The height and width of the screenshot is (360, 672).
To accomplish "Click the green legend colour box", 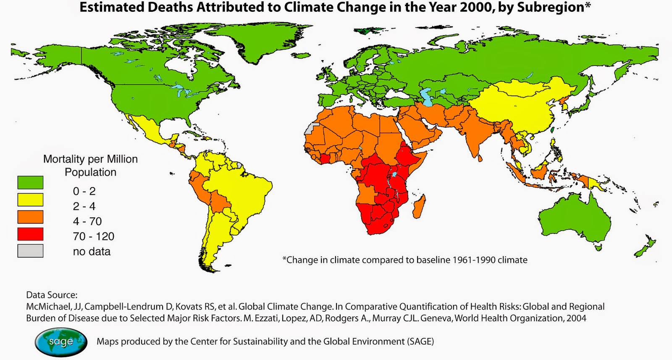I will tap(30, 182).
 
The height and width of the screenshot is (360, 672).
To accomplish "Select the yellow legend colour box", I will tap(30, 200).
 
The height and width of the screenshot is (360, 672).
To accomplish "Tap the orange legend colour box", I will tap(30, 217).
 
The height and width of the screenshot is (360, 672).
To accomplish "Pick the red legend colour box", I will tap(30, 234).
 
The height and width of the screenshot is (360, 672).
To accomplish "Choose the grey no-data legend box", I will tap(30, 251).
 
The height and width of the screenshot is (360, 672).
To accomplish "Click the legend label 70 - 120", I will tap(93, 236).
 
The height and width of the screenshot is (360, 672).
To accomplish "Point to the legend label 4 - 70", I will tap(87, 221).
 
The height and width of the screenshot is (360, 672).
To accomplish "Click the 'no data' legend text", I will tap(92, 252).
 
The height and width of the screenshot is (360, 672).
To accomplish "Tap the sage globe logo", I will tap(61, 342).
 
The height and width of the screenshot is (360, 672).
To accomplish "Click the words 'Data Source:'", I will tap(52, 295).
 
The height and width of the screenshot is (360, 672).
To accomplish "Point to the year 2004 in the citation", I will tap(576, 318).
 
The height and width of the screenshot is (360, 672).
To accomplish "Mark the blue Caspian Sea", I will tap(427, 97).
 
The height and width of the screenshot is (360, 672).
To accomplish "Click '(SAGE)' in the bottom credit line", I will tap(420, 342).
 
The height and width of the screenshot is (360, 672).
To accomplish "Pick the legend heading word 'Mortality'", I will tap(63, 159).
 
